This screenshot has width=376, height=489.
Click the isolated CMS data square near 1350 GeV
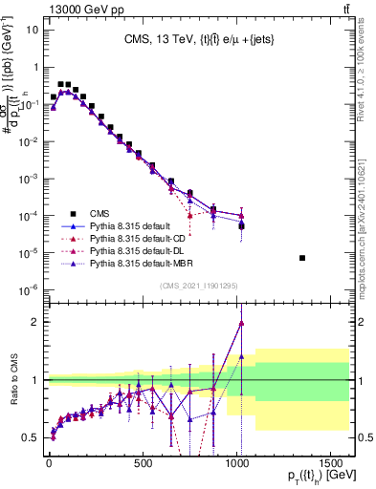tap(302, 258)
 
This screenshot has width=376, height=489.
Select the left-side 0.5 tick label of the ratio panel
tap(32, 437)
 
